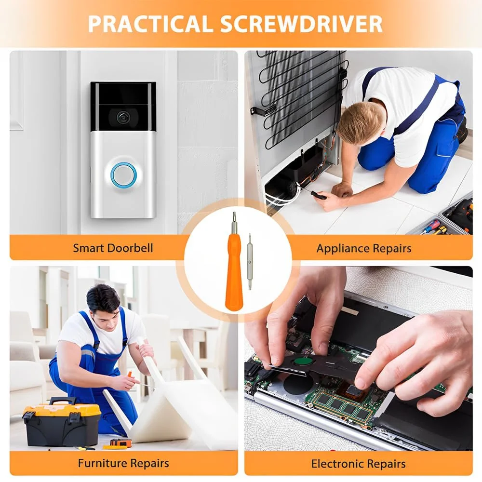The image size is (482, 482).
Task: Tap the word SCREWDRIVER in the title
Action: [x=301, y=24]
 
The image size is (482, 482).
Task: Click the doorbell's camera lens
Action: [x=122, y=117]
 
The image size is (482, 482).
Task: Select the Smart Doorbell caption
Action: [x=113, y=248]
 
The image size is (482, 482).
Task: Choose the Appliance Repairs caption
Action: [x=364, y=248]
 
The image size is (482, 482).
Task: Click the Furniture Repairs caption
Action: [x=123, y=463]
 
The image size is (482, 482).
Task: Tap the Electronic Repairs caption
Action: [x=359, y=464]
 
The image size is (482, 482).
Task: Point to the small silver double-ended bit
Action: [x=250, y=261]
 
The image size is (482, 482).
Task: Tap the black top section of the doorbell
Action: [x=123, y=106]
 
